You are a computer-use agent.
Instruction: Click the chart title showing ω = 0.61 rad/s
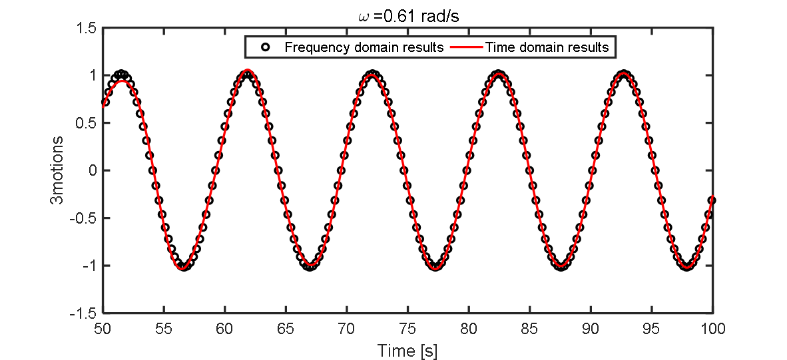point(406,15)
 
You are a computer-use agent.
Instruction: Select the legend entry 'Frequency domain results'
point(364,47)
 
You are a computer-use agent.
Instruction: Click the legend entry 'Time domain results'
point(547,47)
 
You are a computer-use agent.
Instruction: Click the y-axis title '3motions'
point(59,170)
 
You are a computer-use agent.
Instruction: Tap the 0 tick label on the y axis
point(92,170)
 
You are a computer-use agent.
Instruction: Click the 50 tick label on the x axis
point(102,329)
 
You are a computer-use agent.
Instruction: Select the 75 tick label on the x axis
point(407,329)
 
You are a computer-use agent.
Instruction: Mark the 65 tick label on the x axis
point(286,329)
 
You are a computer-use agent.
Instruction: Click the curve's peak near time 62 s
point(248,71)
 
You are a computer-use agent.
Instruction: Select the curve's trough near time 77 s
point(435,267)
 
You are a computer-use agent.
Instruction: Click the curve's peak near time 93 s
point(624,73)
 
